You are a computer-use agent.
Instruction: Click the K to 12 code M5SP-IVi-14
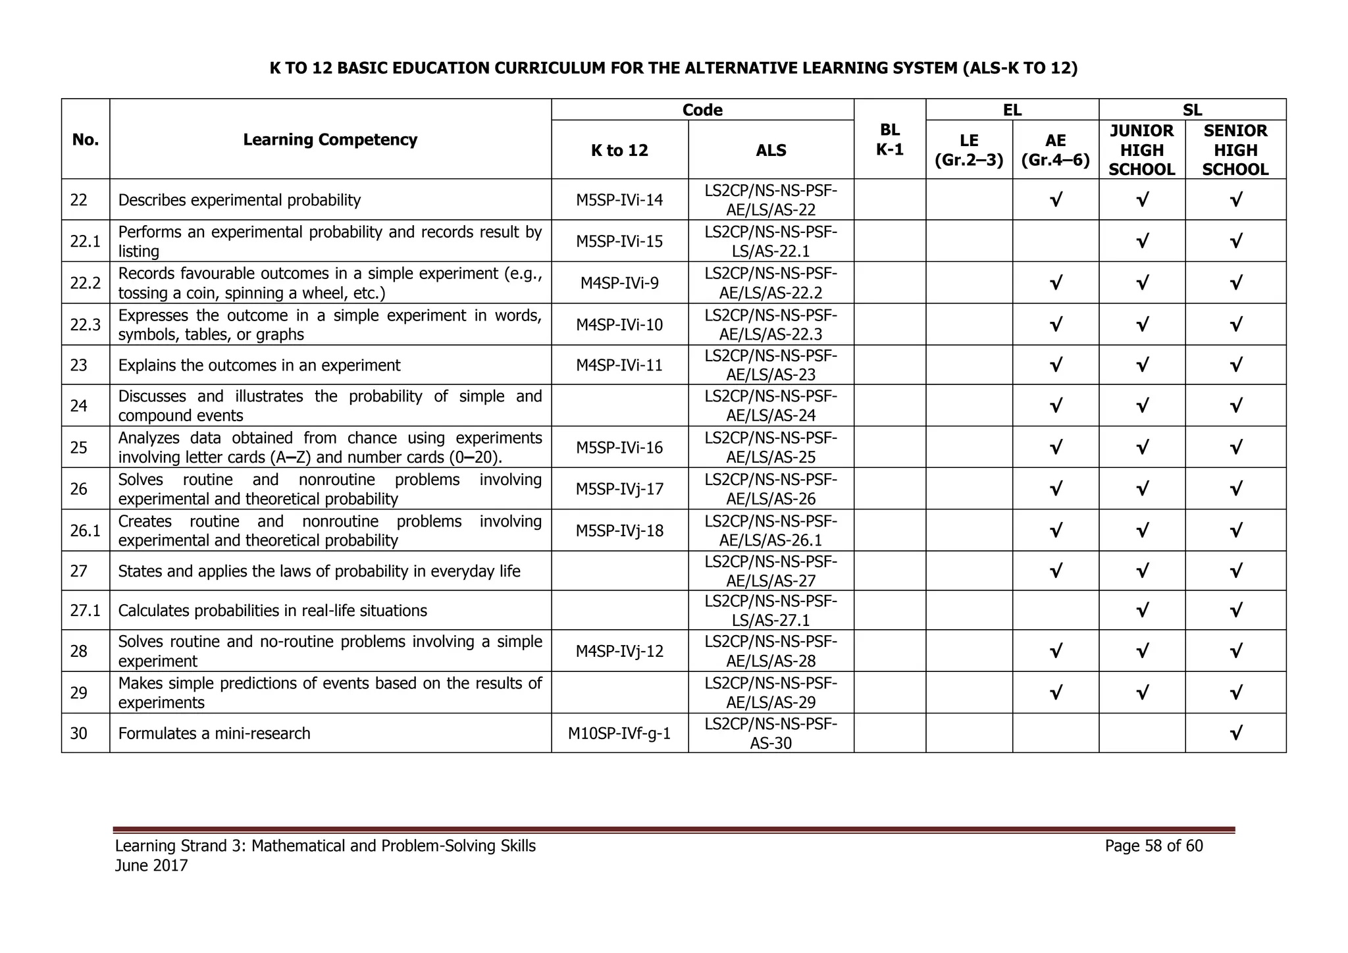pos(619,200)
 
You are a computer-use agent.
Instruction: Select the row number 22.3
pos(86,324)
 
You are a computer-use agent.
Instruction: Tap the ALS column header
pos(771,150)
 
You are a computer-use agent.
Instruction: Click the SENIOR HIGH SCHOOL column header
pos(1235,150)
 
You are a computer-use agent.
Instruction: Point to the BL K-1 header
pos(889,140)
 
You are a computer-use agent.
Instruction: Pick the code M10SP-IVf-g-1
pos(619,733)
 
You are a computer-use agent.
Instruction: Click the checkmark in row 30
pos(1235,733)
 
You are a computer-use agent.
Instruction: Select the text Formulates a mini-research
pos(214,733)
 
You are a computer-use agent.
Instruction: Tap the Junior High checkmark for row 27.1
pos(1142,610)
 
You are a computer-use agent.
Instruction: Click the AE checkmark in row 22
pos(1055,199)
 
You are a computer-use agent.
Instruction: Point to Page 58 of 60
pos(1154,846)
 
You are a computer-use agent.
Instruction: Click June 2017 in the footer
pos(151,865)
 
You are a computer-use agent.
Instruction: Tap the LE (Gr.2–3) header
pos(969,150)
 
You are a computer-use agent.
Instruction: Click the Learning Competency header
pos(330,140)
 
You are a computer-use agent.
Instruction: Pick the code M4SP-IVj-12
pos(619,651)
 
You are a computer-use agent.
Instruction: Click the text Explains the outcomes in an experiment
pos(259,365)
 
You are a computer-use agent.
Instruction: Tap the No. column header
pos(86,140)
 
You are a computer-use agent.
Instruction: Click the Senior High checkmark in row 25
pos(1235,448)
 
